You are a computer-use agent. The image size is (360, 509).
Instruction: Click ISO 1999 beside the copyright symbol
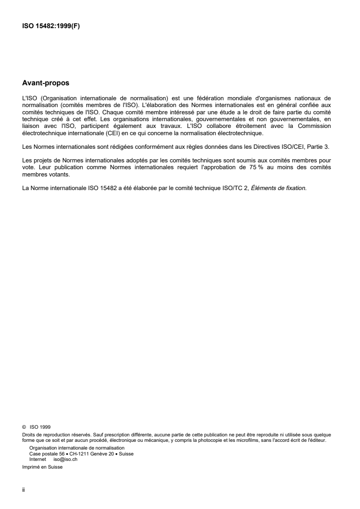click(x=40, y=427)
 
